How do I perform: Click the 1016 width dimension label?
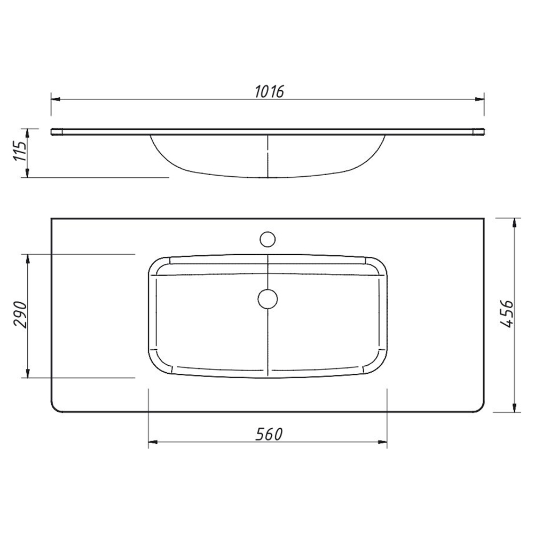[x=269, y=91]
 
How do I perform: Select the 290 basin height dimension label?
[x=20, y=315]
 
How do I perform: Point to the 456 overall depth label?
[x=506, y=314]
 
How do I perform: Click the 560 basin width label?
[x=269, y=434]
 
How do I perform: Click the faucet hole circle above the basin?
[x=268, y=239]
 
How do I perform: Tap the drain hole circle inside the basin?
[x=268, y=299]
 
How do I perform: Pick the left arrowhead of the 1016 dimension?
[x=56, y=99]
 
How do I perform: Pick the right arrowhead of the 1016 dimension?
[x=480, y=99]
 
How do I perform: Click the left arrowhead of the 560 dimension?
[x=153, y=442]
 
